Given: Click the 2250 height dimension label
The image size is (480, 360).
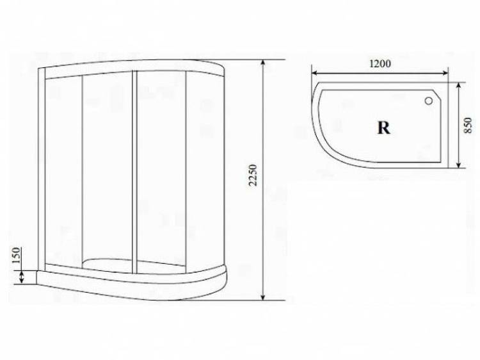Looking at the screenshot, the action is pos(253,176).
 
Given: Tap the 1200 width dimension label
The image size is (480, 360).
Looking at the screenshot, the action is pos(380,63).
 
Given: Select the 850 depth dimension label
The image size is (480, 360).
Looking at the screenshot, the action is pos(468,126).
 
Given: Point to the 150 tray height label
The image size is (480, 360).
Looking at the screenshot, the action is pos(16,255).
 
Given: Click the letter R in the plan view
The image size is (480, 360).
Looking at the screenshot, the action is pos(383,127).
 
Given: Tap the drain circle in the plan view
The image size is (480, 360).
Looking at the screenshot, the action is pos(429,101).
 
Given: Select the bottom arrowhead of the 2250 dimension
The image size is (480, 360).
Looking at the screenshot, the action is pos(262,297).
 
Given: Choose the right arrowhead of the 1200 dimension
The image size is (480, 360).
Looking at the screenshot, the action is pos(445,73).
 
